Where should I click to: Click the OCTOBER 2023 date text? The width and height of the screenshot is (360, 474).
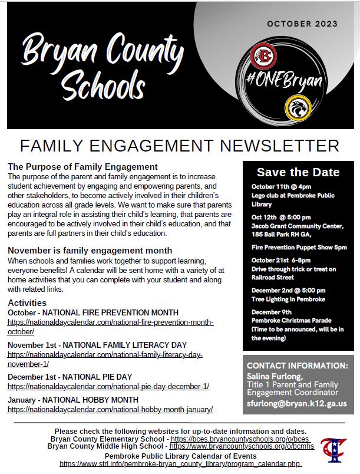coord(302,24)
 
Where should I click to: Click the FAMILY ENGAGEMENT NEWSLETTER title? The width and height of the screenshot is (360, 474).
coord(180,146)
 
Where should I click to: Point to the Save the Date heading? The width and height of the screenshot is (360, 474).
coord(298,172)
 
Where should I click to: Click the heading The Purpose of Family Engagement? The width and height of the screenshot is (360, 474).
coord(82,167)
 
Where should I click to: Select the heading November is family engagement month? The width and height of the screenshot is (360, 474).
coord(90,251)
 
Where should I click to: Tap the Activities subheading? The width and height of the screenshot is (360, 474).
coord(27,302)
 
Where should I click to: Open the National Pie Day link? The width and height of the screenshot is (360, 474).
coord(108,387)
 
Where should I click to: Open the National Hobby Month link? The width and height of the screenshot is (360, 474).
coord(110,409)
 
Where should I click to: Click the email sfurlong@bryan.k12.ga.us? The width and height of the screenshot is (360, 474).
coord(296,404)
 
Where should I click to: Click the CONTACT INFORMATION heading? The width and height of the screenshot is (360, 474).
coord(297,366)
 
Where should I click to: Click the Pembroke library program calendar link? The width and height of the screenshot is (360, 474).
coord(180,464)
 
